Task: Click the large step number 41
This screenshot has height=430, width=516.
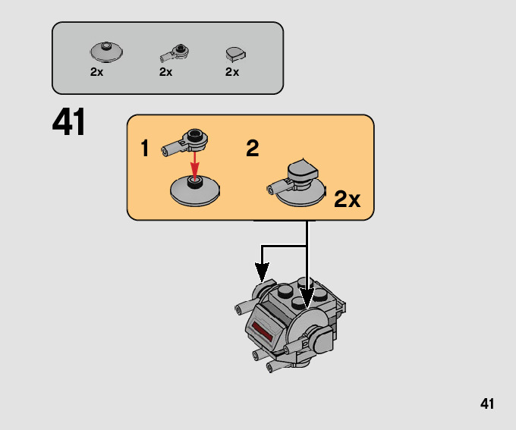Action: (x=70, y=123)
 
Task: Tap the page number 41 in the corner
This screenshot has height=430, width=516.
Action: (x=487, y=403)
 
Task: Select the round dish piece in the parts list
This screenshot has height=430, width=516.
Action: (x=106, y=52)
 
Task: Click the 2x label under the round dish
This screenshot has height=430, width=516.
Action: (x=96, y=72)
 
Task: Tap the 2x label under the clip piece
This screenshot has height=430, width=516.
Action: (x=166, y=72)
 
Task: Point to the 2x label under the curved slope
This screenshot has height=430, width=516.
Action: (x=232, y=72)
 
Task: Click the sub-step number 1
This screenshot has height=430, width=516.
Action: (x=145, y=149)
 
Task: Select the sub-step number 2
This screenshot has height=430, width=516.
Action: (x=253, y=149)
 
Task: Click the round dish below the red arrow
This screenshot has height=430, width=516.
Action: (x=194, y=189)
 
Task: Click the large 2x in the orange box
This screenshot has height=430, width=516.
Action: (x=347, y=199)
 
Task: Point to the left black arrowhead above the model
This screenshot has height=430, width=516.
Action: (x=262, y=270)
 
